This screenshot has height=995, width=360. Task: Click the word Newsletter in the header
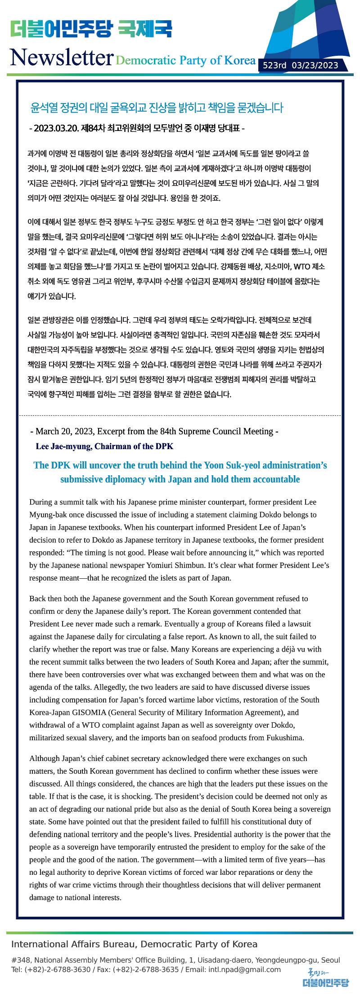(61, 58)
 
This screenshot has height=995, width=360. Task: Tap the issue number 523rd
(274, 66)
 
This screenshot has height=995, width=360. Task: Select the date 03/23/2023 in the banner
(315, 66)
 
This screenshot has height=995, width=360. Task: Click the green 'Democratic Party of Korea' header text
(185, 60)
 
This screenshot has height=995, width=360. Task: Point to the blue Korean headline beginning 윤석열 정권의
(157, 108)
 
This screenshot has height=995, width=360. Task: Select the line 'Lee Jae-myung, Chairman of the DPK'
(104, 446)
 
